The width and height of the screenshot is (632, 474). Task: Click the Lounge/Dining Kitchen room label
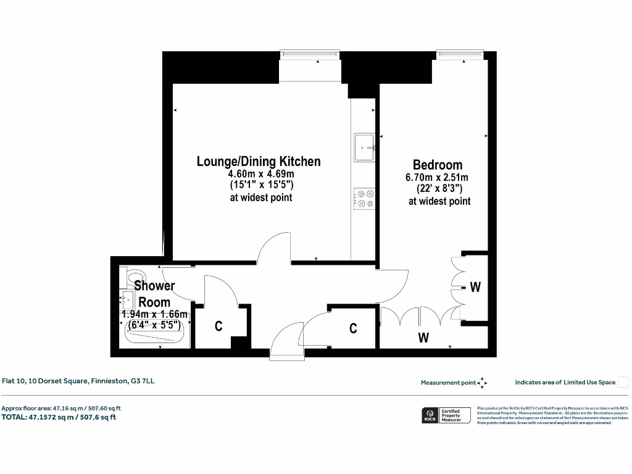tap(259, 162)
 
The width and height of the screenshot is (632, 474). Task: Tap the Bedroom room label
tap(437, 165)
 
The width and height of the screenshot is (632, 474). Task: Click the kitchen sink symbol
tap(364, 148)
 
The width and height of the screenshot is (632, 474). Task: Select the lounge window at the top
tap(309, 56)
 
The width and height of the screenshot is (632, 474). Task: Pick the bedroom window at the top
tap(459, 56)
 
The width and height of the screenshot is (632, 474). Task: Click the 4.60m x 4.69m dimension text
tap(259, 174)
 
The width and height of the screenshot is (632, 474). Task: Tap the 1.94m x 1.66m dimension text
tap(154, 314)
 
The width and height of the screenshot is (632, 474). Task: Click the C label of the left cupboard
tap(218, 326)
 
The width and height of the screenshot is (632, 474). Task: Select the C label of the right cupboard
tap(353, 328)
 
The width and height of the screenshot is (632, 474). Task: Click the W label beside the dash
tap(475, 287)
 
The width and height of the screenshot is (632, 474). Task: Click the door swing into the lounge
tap(273, 247)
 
